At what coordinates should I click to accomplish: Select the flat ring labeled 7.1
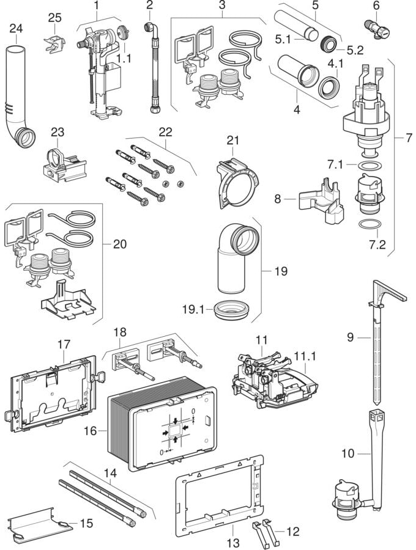point(366,166)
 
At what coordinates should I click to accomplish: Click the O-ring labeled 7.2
point(366,224)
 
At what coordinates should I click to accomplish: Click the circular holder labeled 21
point(236,180)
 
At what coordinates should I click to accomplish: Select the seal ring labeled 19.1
point(232,309)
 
